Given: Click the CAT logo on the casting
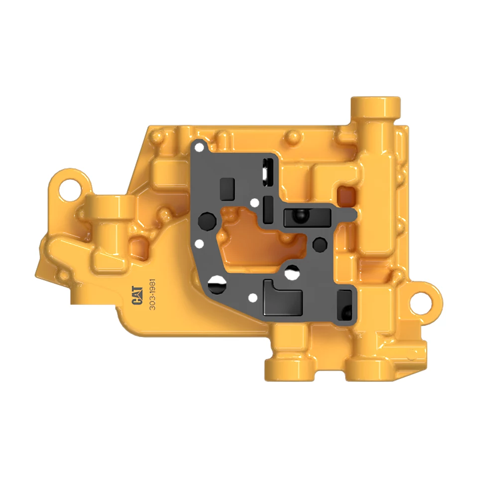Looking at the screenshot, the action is point(137,295).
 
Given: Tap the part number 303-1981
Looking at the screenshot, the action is point(152,294).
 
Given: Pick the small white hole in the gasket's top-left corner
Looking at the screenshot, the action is point(199,148).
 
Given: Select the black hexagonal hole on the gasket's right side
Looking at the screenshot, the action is point(320,244).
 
